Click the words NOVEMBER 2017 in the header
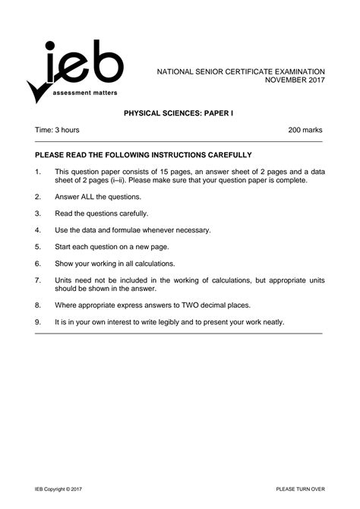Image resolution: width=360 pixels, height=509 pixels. (292, 80)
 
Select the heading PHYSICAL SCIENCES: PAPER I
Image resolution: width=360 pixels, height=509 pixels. (179, 111)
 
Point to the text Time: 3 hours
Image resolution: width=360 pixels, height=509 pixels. (58, 131)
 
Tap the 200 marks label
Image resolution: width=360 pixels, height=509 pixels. (305, 131)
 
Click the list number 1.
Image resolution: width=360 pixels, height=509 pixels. (37, 172)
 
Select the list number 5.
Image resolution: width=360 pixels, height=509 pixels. (37, 246)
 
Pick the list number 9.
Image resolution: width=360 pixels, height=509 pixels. (37, 322)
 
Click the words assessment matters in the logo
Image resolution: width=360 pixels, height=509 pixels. (85, 91)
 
